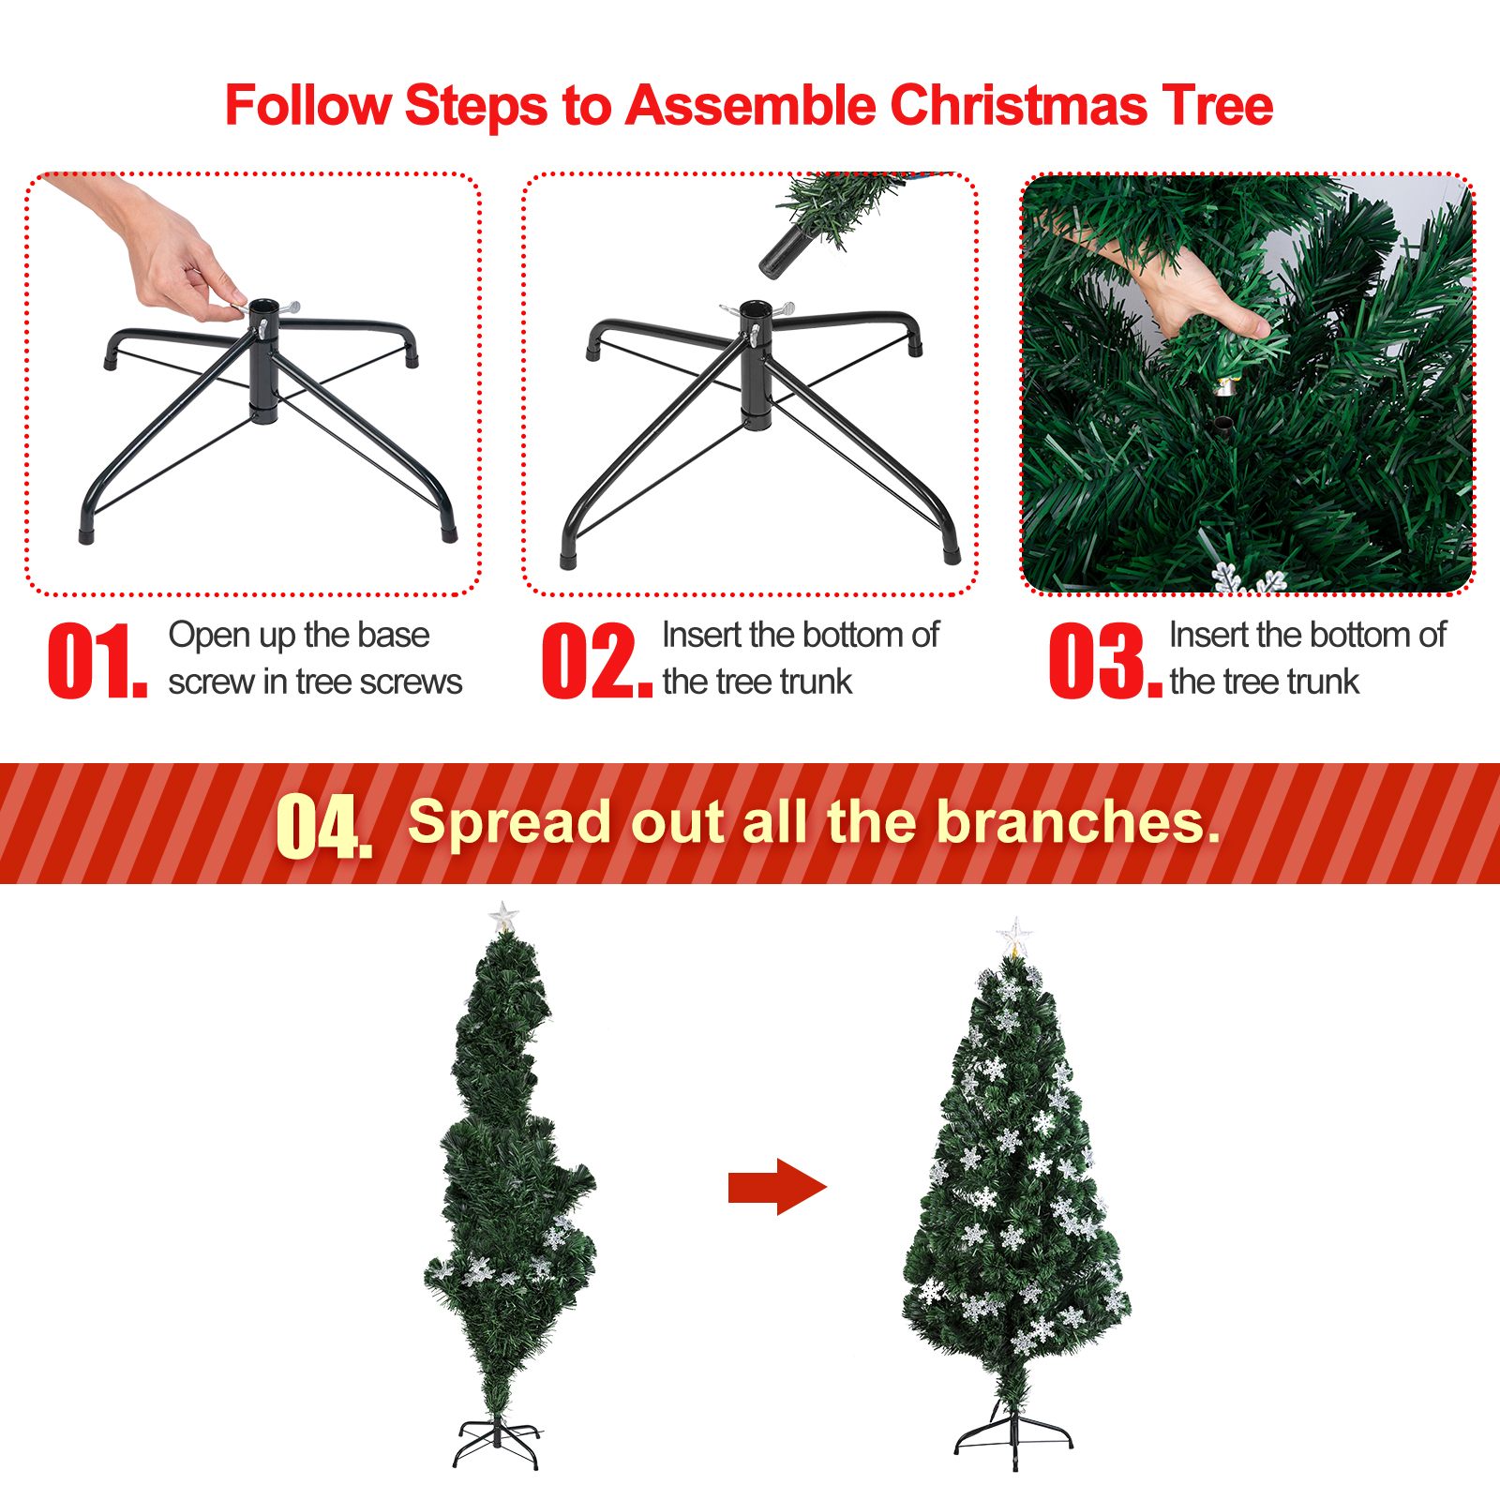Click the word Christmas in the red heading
1018,105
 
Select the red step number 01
97,661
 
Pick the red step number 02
597,661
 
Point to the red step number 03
1105,661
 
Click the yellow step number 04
324,825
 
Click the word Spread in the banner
510,823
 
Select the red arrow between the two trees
777,1187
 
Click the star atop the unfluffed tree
503,917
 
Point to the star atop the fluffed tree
1014,937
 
